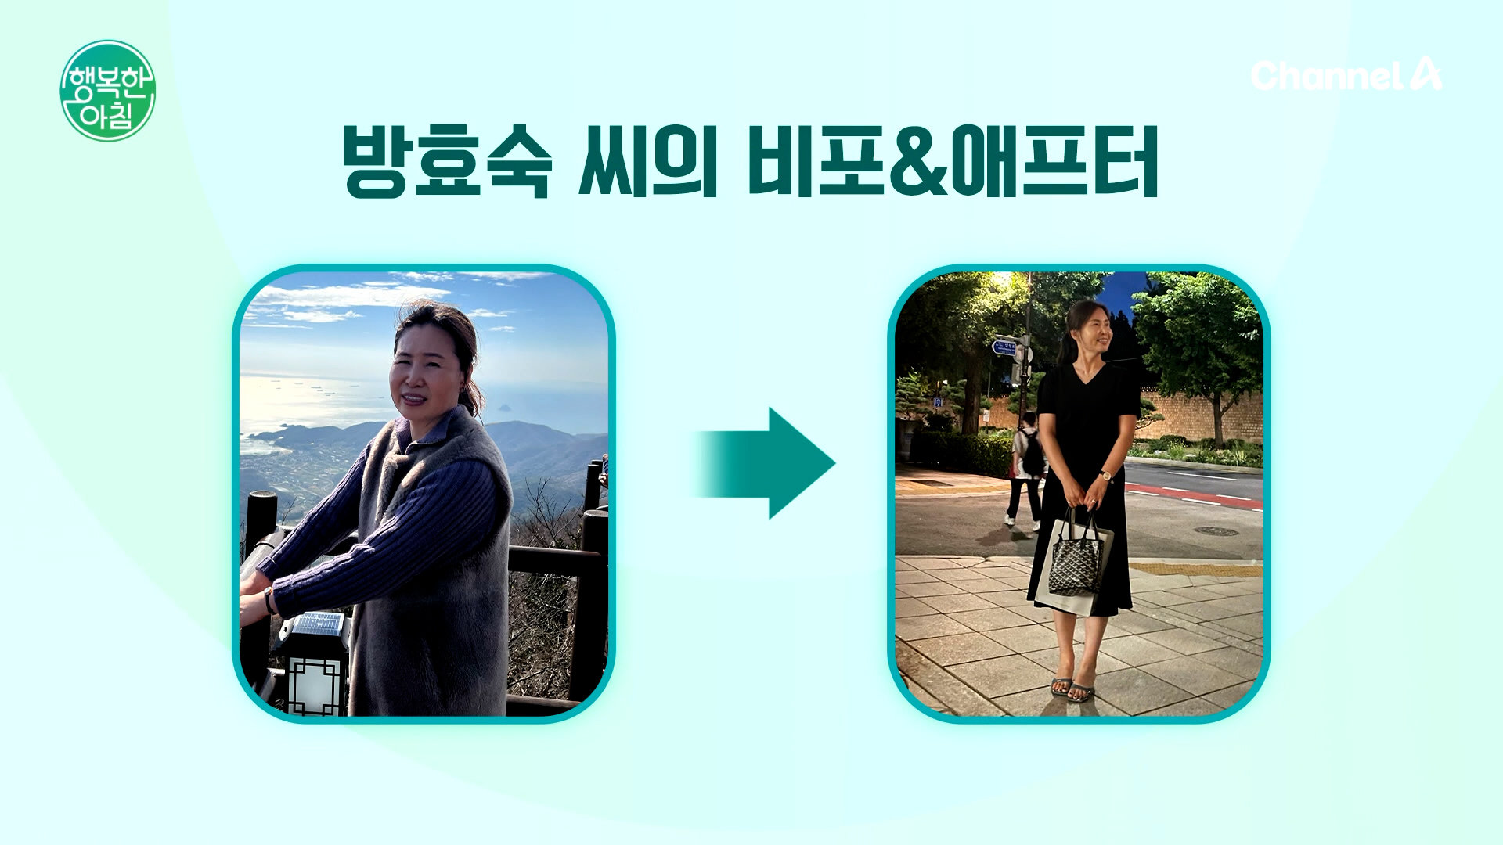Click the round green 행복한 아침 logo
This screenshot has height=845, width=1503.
[x=107, y=91]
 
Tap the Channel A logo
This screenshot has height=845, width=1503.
[x=1346, y=74]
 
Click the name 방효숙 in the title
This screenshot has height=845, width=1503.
[x=447, y=161]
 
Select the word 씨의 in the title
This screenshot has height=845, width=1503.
[x=648, y=161]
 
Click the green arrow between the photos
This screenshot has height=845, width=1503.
[x=765, y=463]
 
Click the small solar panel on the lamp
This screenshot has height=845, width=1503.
[x=317, y=624]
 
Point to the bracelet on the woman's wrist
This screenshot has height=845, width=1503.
[x=269, y=600]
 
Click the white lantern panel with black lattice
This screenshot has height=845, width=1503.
[x=316, y=686]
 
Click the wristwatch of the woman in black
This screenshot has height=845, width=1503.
[x=1106, y=475]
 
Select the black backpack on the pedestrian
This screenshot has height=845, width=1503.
[x=1033, y=453]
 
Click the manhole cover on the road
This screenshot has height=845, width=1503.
[x=1216, y=531]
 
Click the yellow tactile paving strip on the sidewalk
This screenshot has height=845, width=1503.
[x=1195, y=569]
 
